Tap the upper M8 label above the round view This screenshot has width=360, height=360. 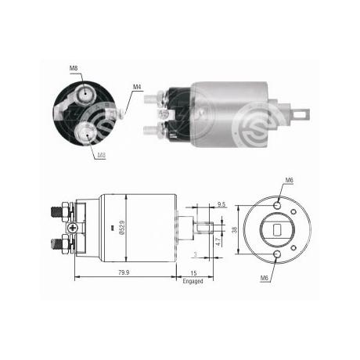[x=73, y=69]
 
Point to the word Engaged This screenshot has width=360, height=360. [x=193, y=280]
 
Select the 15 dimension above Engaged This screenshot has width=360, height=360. [x=193, y=273]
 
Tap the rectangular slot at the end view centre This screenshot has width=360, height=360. [x=277, y=231]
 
